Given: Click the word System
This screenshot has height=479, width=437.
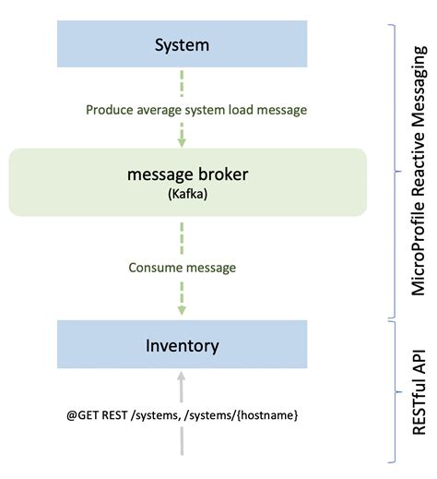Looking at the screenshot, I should point(182,44).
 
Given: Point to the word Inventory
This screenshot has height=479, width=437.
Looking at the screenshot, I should point(182,346).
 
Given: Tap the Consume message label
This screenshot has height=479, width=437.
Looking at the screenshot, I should point(182,268).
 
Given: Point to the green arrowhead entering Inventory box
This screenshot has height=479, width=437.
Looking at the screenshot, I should point(182,311).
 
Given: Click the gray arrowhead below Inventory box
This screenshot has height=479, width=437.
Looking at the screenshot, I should point(182,378).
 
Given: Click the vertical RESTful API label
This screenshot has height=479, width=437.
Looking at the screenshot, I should point(419,379).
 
